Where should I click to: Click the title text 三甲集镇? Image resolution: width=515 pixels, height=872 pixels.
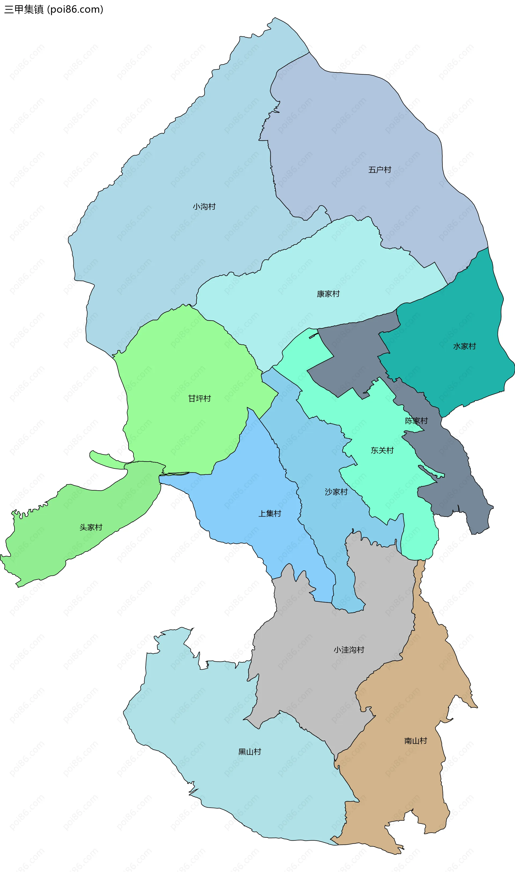[24, 9]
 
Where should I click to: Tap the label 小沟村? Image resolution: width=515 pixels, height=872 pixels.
[204, 207]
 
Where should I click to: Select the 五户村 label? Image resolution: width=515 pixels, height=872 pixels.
[380, 169]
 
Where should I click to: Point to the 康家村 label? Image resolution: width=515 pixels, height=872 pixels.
[328, 294]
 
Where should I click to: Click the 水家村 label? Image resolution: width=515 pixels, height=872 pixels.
[464, 346]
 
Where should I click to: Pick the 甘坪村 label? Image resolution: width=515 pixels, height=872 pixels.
[199, 398]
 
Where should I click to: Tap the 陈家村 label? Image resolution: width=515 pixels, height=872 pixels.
[417, 421]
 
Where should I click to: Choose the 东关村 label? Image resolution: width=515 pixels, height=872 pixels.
[382, 450]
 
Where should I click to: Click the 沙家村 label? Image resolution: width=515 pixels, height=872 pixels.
[336, 492]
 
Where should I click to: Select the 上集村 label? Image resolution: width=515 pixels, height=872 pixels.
[270, 514]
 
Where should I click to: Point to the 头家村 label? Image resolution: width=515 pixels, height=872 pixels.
[91, 527]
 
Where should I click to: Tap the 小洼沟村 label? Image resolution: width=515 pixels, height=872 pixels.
[349, 650]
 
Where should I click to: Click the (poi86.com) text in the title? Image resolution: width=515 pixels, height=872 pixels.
[75, 9]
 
